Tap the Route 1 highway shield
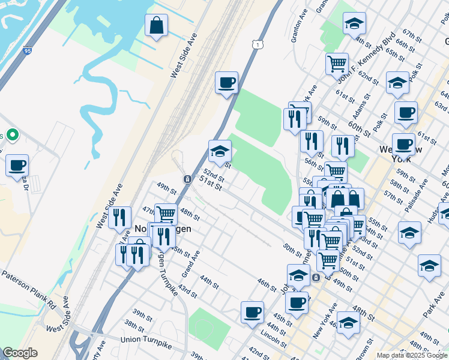[x=258, y=44]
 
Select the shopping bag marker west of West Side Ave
[x=156, y=26]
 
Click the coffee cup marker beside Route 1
[x=226, y=83]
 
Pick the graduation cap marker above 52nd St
[x=220, y=151]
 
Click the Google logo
[x=20, y=353]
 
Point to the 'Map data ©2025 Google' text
[x=411, y=355]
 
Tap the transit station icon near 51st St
[x=187, y=179]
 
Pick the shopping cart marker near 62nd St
[x=337, y=64]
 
